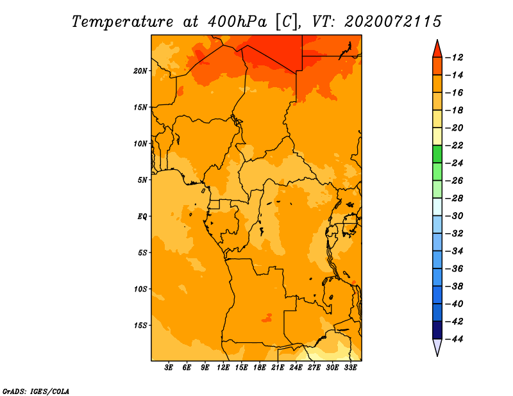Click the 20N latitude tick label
click(x=140, y=71)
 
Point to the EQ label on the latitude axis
click(x=142, y=217)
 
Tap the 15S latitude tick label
click(x=140, y=326)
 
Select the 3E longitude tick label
click(x=169, y=367)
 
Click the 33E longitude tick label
click(x=351, y=367)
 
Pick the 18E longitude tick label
click(x=260, y=367)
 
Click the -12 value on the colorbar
click(x=454, y=58)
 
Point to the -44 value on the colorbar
click(x=454, y=339)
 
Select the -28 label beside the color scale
click(x=454, y=199)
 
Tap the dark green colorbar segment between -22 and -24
click(x=437, y=154)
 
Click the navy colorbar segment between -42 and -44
click(x=437, y=330)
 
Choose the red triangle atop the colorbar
click(x=437, y=49)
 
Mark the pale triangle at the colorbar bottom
click(x=437, y=347)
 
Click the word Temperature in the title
click(x=122, y=22)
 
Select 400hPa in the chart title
click(x=237, y=22)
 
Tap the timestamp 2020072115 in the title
click(x=393, y=22)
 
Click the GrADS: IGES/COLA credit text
click(x=36, y=392)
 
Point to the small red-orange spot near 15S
click(x=267, y=318)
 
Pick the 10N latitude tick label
click(x=140, y=144)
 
